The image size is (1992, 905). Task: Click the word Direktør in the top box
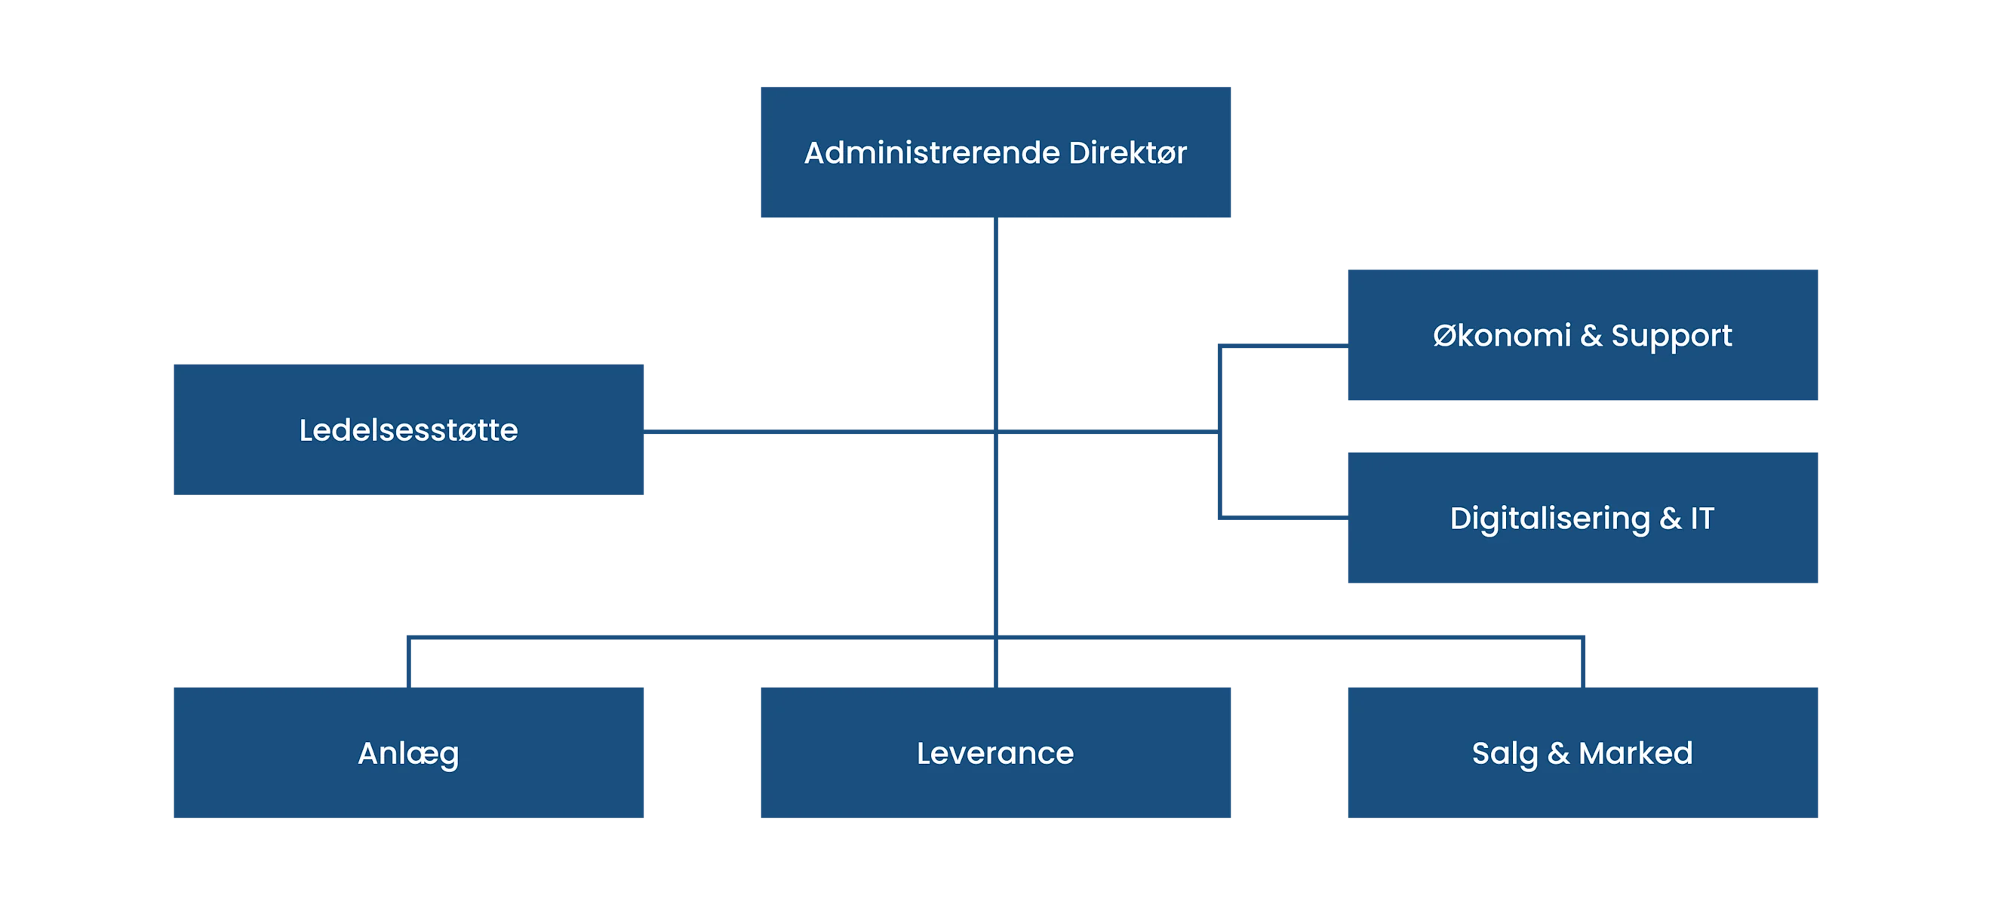click(x=1127, y=153)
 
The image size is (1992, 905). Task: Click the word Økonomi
click(x=1502, y=336)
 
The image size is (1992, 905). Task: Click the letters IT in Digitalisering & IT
click(x=1702, y=519)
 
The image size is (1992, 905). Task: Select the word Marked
click(x=1636, y=753)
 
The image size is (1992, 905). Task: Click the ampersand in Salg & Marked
click(x=1558, y=753)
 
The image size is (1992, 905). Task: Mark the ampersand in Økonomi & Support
click(x=1591, y=336)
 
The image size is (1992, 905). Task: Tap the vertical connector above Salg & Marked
click(x=1582, y=662)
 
